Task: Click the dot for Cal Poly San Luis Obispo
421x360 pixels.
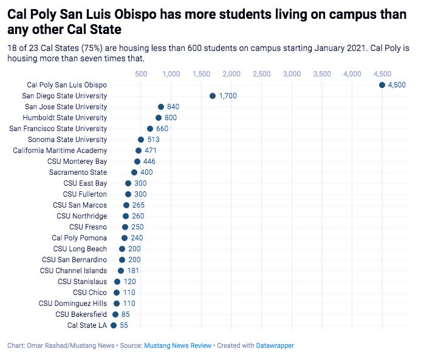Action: coord(382,85)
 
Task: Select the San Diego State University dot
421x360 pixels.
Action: coord(213,96)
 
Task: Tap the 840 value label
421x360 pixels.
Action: coord(173,107)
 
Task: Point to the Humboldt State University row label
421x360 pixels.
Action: coord(64,118)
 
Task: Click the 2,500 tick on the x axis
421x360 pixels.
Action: coord(261,74)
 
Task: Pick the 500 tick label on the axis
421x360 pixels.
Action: coord(141,74)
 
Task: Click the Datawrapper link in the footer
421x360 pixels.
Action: coord(276,345)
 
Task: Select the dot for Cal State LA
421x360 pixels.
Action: coord(114,325)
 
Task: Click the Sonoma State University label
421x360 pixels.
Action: coord(67,140)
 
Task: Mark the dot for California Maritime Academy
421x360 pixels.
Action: coord(139,151)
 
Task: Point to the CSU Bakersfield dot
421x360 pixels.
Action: coord(115,314)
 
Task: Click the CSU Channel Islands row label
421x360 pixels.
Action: coord(74,271)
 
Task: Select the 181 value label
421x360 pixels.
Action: coord(133,271)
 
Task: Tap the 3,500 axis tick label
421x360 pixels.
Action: coord(322,74)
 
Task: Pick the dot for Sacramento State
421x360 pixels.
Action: coord(134,172)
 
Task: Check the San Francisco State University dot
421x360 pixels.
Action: coord(150,129)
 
